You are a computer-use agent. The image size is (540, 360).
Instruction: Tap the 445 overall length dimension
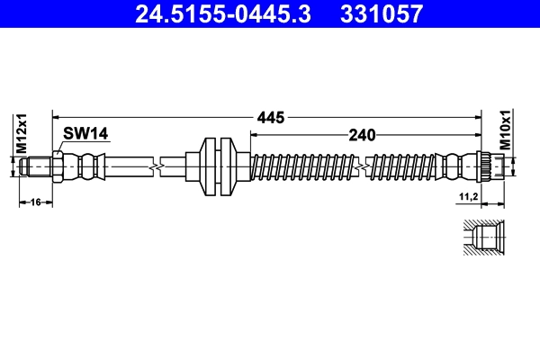(x=271, y=117)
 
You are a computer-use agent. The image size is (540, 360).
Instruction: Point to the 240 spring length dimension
(x=362, y=134)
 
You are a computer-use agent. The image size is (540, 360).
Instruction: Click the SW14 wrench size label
(x=85, y=134)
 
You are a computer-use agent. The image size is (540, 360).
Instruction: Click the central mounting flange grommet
(x=217, y=166)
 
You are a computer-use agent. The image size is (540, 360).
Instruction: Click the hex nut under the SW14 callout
(x=57, y=166)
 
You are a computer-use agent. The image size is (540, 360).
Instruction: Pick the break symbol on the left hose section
(x=158, y=166)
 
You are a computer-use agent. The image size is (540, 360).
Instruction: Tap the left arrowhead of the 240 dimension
(x=253, y=134)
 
